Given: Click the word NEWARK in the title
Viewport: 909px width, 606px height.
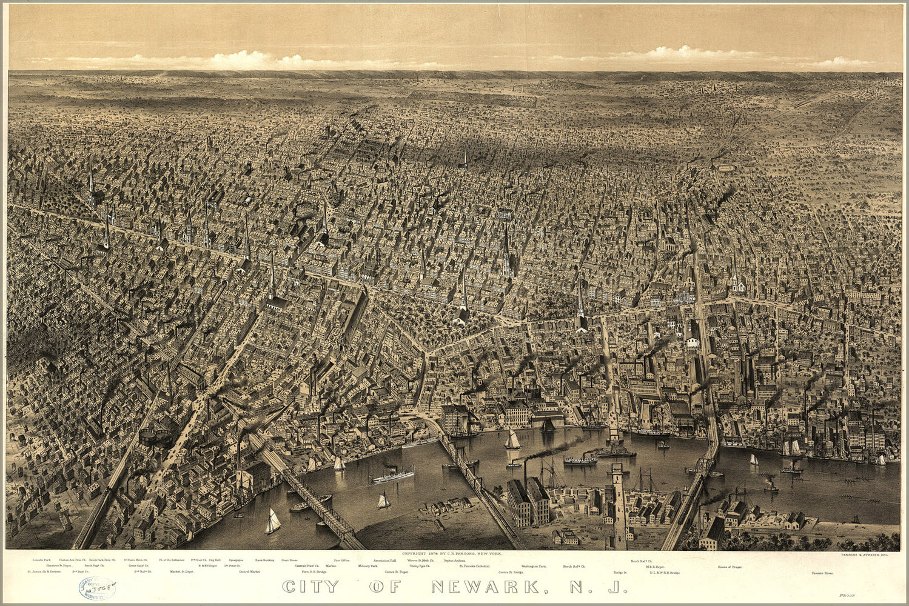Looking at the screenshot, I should click(x=485, y=587).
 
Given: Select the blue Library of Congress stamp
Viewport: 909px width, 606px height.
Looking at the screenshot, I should click(x=96, y=588).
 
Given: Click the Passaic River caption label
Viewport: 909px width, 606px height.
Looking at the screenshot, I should click(x=823, y=572).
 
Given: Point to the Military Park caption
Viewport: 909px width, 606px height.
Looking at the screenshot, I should click(x=368, y=566).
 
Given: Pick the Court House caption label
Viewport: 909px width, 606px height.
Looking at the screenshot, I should click(x=289, y=561).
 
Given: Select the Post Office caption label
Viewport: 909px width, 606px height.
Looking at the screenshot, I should click(x=341, y=561).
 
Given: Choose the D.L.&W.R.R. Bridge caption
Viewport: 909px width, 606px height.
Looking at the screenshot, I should click(x=665, y=572).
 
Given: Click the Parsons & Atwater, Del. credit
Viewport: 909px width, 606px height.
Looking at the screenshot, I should click(x=869, y=554).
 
